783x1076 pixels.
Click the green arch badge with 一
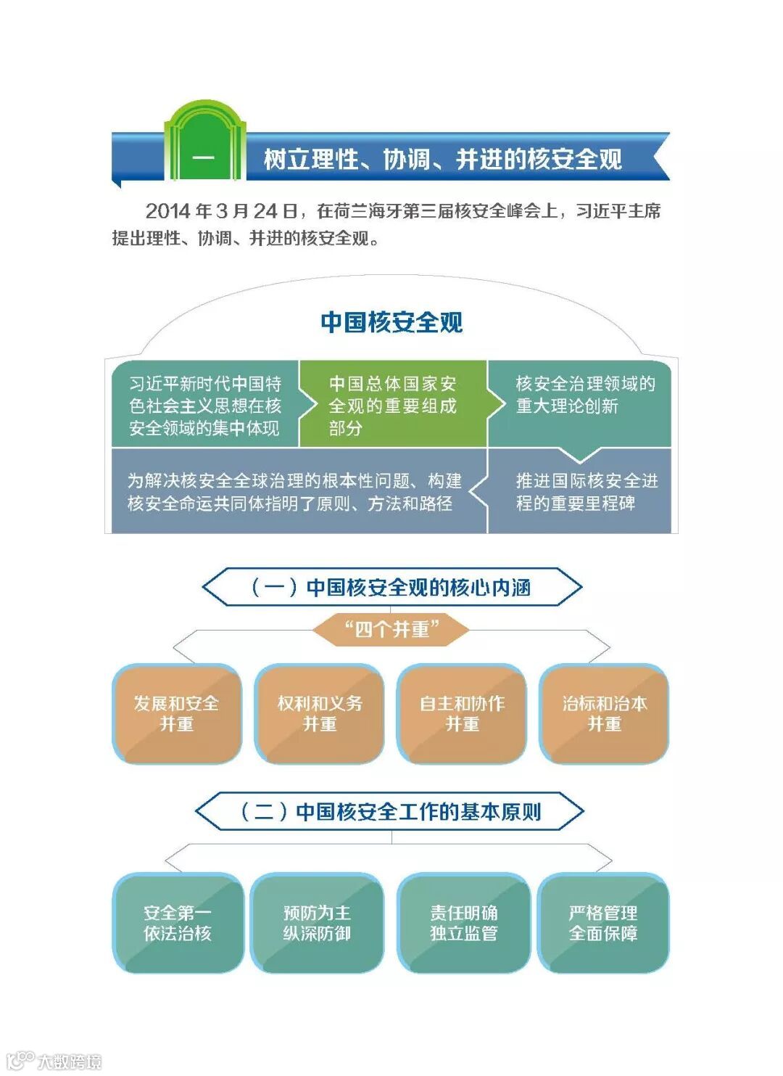tap(204, 149)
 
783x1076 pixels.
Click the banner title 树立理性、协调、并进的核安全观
tap(442, 159)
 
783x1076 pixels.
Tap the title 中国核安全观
tap(391, 322)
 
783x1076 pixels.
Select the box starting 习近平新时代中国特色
tap(205, 405)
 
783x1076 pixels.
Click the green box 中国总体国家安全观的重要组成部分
tap(392, 405)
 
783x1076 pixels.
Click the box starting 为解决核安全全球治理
tap(294, 492)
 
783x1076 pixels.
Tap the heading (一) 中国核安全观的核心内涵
tap(391, 587)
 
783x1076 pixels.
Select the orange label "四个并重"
tap(391, 628)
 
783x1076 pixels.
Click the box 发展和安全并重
tap(176, 713)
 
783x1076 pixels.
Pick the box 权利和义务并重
tap(319, 713)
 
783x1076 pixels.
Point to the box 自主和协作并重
tap(462, 713)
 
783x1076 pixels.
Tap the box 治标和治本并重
tap(604, 713)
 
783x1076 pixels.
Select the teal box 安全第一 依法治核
tap(178, 922)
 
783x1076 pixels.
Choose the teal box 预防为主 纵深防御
tap(317, 922)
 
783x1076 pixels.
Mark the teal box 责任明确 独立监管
tap(463, 922)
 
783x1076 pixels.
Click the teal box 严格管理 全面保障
tap(603, 922)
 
